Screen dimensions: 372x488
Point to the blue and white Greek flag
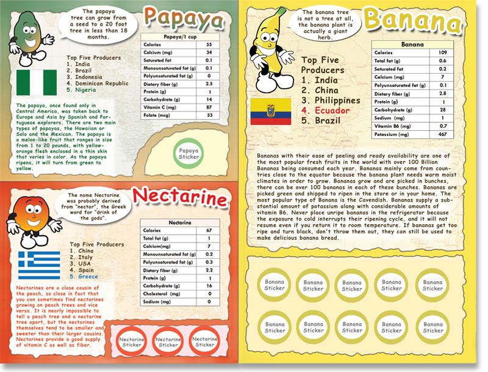pos(38,264)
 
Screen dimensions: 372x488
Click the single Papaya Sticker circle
pos(189,153)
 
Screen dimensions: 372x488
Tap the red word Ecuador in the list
pos(332,110)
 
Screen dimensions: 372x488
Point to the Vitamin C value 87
pos(209,107)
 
